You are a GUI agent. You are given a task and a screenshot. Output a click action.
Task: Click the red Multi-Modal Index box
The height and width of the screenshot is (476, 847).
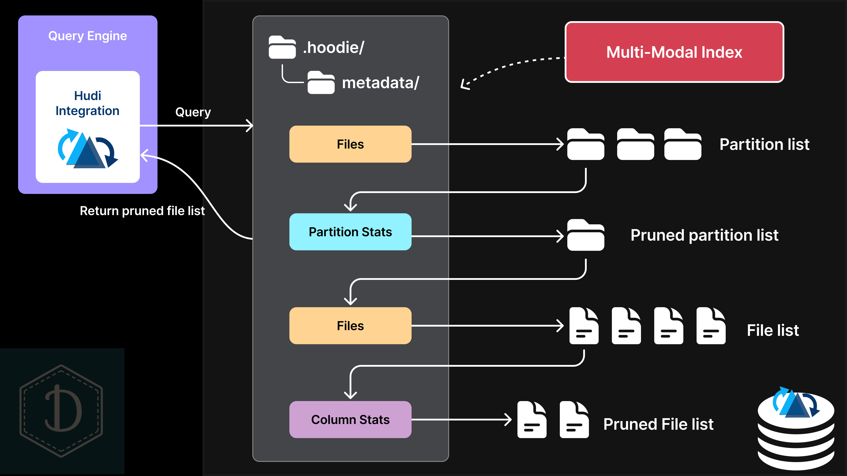(674, 52)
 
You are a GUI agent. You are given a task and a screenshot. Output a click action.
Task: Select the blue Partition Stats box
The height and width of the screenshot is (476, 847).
(350, 232)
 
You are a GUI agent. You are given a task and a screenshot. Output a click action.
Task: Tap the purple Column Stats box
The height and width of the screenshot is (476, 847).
(350, 420)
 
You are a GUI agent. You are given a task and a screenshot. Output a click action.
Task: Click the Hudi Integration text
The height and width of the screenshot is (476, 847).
(88, 103)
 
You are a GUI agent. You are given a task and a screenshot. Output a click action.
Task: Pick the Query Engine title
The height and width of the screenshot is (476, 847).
(88, 36)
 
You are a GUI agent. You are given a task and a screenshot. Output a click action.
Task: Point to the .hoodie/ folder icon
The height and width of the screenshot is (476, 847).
(282, 47)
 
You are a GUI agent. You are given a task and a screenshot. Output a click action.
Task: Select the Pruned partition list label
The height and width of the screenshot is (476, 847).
(704, 235)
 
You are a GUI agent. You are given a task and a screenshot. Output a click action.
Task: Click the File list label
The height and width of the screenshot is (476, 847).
(773, 330)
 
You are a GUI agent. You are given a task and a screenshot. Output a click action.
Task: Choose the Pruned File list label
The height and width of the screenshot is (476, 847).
(658, 424)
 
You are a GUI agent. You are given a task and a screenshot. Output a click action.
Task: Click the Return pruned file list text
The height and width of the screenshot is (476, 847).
(142, 211)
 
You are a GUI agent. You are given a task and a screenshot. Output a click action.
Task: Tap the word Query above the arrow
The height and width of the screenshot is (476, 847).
(193, 112)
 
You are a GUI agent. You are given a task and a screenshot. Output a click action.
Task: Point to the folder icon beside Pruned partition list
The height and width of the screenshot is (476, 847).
(586, 235)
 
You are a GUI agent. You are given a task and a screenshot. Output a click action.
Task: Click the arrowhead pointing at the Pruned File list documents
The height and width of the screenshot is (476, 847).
(509, 420)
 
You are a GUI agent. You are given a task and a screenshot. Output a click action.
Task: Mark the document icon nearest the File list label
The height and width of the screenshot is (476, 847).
(711, 326)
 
